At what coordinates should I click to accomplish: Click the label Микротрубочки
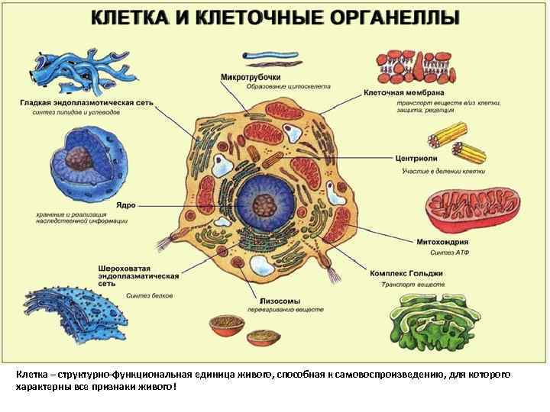pos(251,77)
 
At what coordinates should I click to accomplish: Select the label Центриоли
pos(416,159)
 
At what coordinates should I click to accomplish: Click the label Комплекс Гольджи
pos(406,272)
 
